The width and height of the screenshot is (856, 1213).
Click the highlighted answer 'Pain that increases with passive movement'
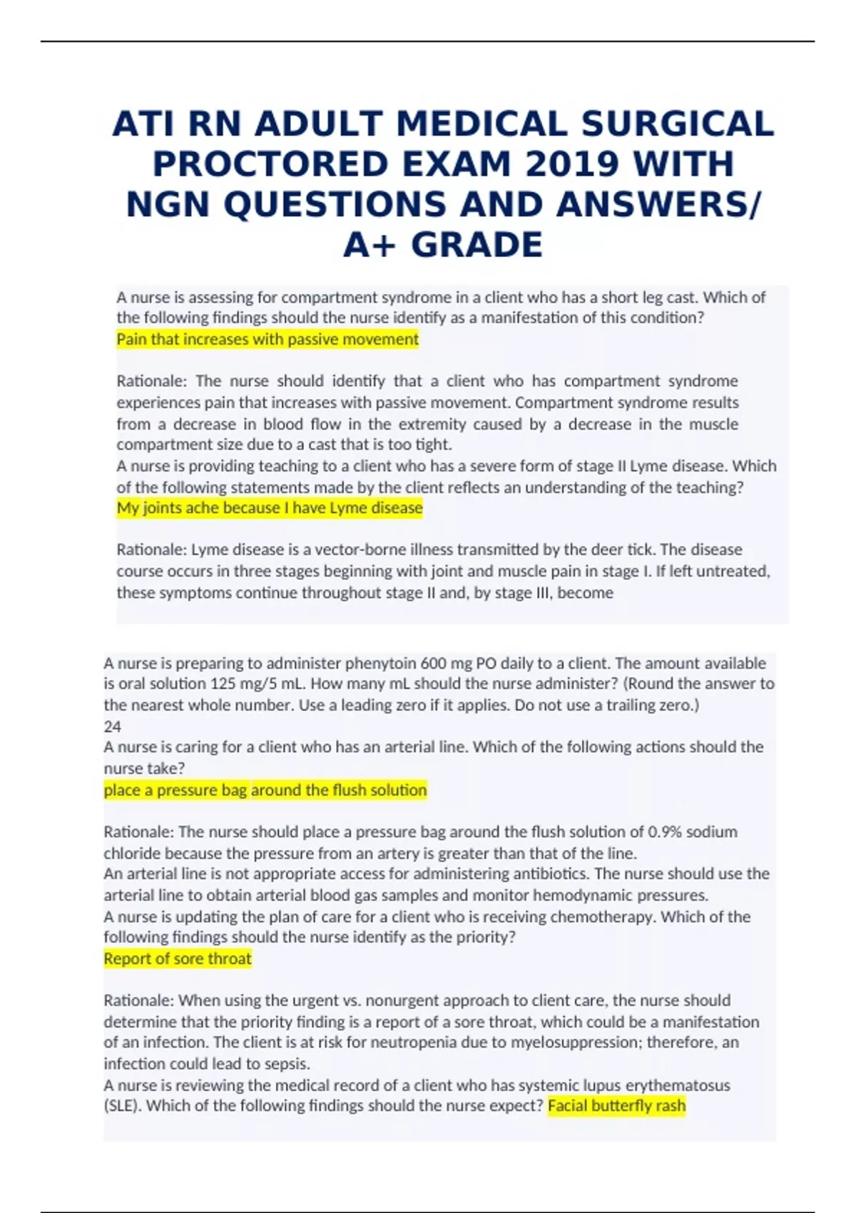[267, 339]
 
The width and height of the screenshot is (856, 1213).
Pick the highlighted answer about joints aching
[270, 508]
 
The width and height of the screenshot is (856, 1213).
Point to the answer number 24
[113, 726]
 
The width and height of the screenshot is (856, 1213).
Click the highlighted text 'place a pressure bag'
[175, 790]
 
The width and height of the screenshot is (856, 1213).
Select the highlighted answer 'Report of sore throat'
[178, 958]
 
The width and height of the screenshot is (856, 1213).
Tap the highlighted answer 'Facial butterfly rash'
[616, 1106]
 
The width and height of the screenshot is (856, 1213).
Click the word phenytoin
[382, 663]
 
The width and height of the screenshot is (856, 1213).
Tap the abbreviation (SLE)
[123, 1106]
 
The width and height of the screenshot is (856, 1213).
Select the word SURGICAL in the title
[678, 124]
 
